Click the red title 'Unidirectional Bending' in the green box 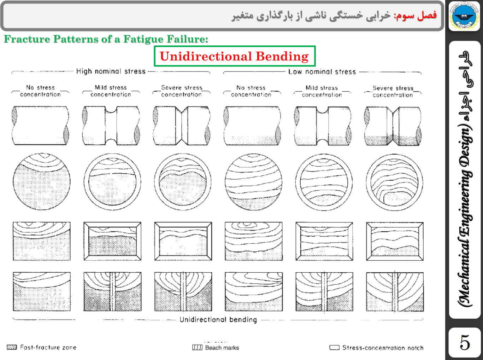pyautogui.click(x=234, y=56)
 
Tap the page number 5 pyautogui.click(x=465, y=343)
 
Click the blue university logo pyautogui.click(x=464, y=16)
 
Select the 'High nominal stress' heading pyautogui.click(x=111, y=71)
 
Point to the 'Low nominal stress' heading pyautogui.click(x=322, y=72)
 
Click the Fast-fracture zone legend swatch pyautogui.click(x=12, y=347)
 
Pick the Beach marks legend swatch pyautogui.click(x=197, y=347)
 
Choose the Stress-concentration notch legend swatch pyautogui.click(x=334, y=347)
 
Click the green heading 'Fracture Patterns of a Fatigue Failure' pyautogui.click(x=106, y=39)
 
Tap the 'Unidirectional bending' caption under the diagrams pyautogui.click(x=218, y=320)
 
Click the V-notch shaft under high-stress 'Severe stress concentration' pyautogui.click(x=182, y=126)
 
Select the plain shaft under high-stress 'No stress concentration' pyautogui.click(x=41, y=126)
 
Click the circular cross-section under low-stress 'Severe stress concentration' pyautogui.click(x=395, y=182)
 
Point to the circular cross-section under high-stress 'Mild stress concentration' pyautogui.click(x=112, y=182)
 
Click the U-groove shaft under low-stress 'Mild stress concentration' pyautogui.click(x=323, y=126)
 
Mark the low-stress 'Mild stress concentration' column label pyautogui.click(x=322, y=91)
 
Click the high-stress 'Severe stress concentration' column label pyautogui.click(x=182, y=91)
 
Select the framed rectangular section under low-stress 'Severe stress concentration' pyautogui.click(x=395, y=242)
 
